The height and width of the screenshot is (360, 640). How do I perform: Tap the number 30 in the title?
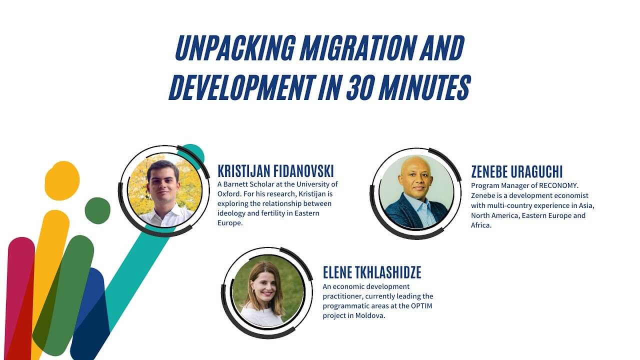tap(361, 87)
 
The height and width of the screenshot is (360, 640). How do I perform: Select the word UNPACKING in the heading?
tap(235, 48)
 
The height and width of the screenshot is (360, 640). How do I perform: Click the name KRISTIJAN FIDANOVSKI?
tap(275, 171)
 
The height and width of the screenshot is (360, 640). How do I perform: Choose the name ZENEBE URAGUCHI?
tap(517, 171)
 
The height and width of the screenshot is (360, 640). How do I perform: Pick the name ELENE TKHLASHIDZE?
tap(372, 272)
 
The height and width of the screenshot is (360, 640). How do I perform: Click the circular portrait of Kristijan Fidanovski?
tap(165, 191)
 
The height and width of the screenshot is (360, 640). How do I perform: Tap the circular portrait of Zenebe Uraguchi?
tap(416, 192)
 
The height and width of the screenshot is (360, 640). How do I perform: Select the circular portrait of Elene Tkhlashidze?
tap(268, 291)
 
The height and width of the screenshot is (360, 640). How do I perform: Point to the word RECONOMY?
tap(558, 185)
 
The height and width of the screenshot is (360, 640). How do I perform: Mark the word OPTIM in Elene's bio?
tap(421, 305)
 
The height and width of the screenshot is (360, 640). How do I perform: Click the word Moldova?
tap(370, 315)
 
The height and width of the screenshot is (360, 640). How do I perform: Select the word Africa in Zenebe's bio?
tap(481, 225)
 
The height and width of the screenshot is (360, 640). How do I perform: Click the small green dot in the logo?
tap(97, 210)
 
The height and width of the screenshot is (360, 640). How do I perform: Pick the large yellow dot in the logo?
tap(62, 180)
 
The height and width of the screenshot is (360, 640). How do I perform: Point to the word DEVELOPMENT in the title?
tap(242, 87)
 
